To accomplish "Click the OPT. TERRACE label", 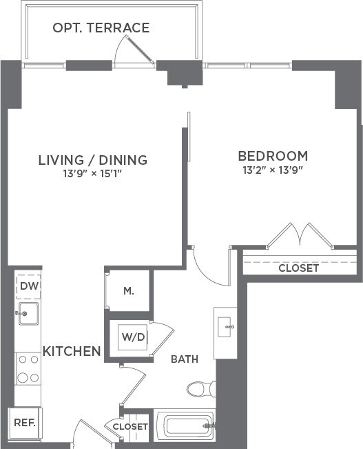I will [101, 28].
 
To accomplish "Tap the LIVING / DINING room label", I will [92, 160].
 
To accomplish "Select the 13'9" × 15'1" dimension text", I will [92, 174].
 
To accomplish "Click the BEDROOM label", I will [273, 155].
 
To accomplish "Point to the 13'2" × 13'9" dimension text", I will [273, 169].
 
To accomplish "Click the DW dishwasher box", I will [28, 286].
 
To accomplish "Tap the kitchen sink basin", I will [28, 313].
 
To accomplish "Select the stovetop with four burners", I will [28, 368].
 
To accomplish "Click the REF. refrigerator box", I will [25, 422].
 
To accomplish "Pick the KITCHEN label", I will [72, 351].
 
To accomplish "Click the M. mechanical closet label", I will [128, 290].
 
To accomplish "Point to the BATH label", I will [184, 359].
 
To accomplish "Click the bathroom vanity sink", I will [225, 326].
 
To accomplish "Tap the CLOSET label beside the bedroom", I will [298, 268].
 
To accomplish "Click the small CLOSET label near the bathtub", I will [130, 427].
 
